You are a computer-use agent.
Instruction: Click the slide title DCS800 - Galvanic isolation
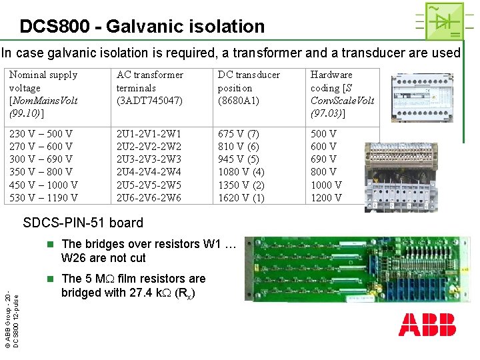[142, 27]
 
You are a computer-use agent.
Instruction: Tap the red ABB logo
[427, 325]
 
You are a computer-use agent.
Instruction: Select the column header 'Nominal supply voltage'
[43, 94]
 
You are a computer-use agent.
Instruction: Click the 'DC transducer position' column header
[249, 88]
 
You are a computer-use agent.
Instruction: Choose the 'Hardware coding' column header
[342, 94]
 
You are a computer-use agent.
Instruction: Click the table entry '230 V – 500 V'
[41, 134]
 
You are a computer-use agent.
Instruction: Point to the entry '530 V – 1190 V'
[43, 198]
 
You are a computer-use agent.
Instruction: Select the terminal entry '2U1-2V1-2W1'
[149, 134]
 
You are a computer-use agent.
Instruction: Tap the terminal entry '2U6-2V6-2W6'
[149, 198]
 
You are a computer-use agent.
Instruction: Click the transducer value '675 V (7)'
[239, 134]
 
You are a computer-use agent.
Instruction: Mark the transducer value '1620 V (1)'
[241, 198]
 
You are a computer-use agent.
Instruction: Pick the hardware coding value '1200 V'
[326, 198]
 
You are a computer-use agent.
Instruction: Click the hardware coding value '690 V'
[323, 159]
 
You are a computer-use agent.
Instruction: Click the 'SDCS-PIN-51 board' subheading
[83, 223]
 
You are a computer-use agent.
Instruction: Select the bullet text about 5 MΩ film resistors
[133, 285]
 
